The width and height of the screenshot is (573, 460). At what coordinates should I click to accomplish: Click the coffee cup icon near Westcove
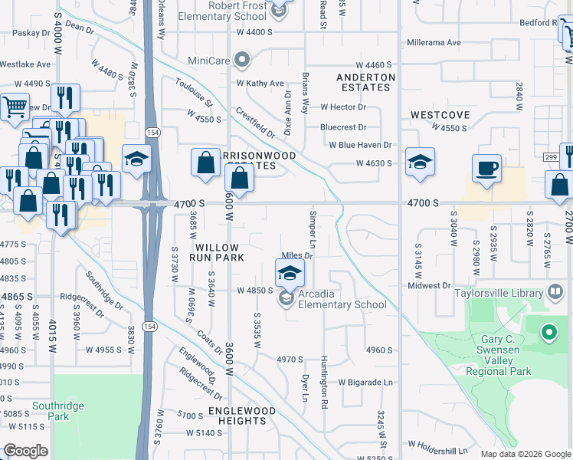pos(486,167)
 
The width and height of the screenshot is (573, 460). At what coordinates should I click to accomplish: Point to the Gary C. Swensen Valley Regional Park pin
pos(548,333)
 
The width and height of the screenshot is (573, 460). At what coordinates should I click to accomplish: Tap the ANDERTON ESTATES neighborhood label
pos(366,82)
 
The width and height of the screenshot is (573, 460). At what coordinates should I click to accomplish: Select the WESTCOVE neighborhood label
pos(440,115)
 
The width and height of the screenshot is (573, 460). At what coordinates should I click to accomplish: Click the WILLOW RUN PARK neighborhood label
pos(220,253)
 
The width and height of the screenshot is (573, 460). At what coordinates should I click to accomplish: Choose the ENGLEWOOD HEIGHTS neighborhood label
pos(242,416)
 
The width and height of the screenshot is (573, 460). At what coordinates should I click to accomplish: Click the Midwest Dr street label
pos(430,285)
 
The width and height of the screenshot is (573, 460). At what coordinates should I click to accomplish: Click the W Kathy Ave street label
pos(260,83)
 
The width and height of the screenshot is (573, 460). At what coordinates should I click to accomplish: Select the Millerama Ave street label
pos(434,42)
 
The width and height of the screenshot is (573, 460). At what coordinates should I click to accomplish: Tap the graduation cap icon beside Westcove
pos(420,163)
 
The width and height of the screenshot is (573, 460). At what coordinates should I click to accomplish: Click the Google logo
pos(25,451)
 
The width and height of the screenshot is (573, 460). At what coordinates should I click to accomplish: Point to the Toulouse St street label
pos(193,92)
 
